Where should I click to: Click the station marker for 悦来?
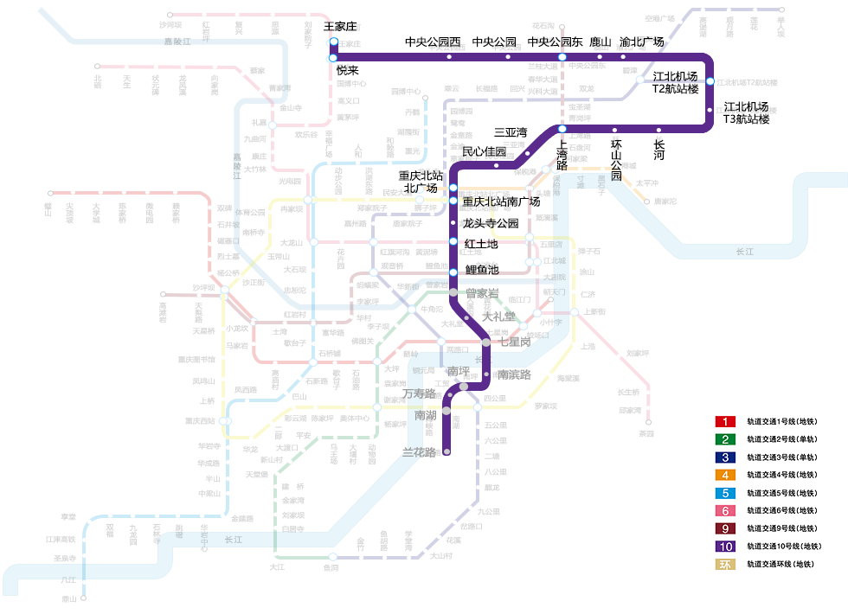tap(332, 58)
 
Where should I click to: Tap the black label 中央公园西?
tap(433, 42)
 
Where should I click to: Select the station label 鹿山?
tap(601, 42)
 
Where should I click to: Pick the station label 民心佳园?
tap(484, 151)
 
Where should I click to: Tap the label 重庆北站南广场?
tap(501, 201)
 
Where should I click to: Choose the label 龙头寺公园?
tap(491, 223)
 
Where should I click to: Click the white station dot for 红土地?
tap(453, 242)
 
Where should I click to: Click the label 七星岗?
tap(515, 342)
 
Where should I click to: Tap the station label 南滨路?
tap(514, 374)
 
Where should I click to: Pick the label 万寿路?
tap(419, 393)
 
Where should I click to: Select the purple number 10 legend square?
tap(725, 547)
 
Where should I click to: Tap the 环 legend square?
tap(725, 565)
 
